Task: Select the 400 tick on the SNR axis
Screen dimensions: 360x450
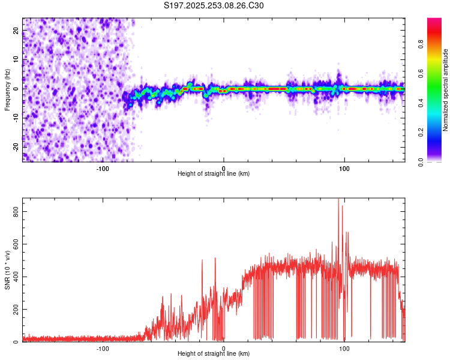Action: coord(14,277)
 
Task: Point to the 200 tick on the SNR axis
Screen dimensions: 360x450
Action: coord(14,310)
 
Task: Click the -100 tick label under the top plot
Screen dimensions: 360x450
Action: coord(103,168)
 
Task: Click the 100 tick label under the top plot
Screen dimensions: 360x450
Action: coord(344,168)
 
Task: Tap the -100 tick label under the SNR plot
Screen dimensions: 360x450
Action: coord(103,348)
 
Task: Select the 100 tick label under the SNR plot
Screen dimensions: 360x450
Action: coord(344,348)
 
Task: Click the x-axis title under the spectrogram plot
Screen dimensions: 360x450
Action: coord(214,174)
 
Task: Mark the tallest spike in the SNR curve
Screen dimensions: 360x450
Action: coord(338,200)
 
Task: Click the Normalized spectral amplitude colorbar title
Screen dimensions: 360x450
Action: coord(446,90)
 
